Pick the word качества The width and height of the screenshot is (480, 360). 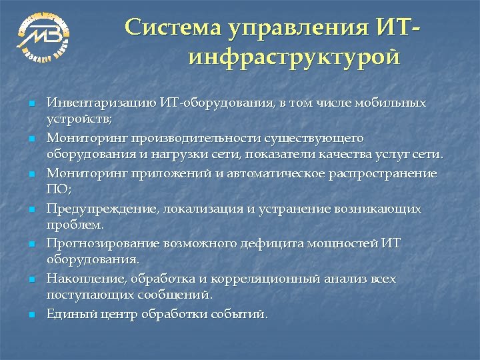click(357, 155)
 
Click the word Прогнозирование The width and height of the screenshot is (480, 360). click(103, 243)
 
